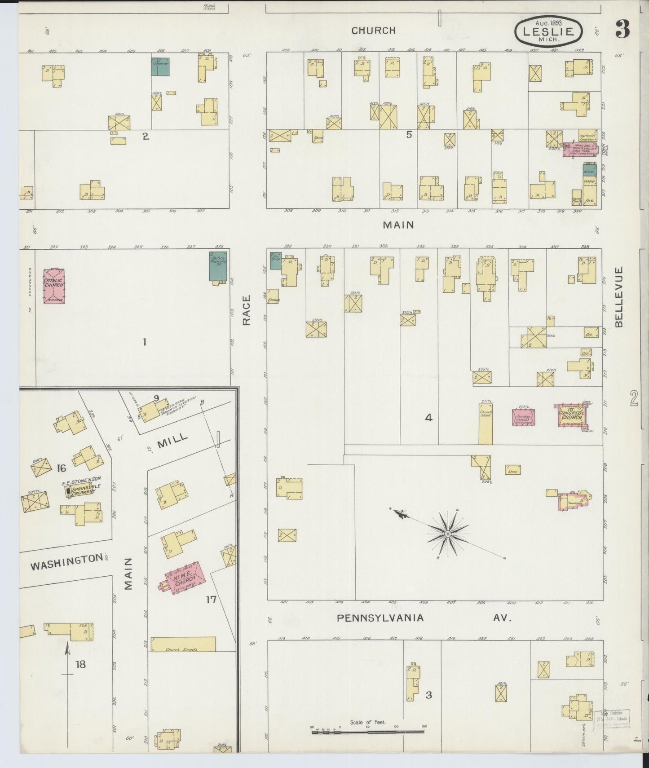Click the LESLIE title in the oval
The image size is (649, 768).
548,31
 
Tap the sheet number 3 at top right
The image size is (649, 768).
623,30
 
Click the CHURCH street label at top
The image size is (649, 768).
373,31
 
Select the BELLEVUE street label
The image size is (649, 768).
619,297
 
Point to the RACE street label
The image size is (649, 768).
246,310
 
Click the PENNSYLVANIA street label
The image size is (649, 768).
380,618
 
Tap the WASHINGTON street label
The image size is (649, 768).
66,562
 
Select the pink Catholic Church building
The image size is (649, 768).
54,286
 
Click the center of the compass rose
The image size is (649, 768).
448,533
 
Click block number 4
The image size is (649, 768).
428,418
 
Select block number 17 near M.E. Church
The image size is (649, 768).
211,599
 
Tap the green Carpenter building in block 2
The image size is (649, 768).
160,66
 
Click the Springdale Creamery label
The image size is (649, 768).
81,489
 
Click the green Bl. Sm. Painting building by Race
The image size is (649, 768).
218,267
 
